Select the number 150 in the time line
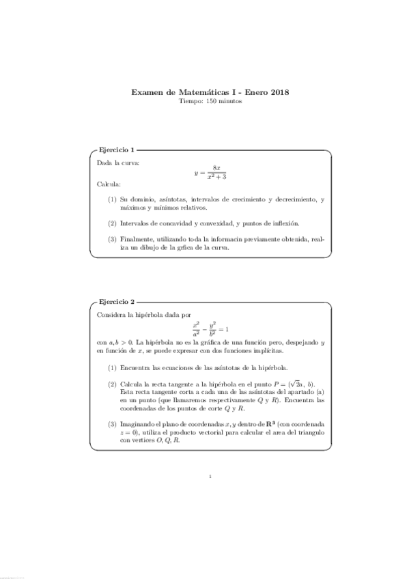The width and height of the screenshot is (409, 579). click(202, 101)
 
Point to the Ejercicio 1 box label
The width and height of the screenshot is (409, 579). click(117, 149)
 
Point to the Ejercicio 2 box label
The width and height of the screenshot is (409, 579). click(117, 301)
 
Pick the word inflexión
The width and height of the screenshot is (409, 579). click(283, 223)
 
